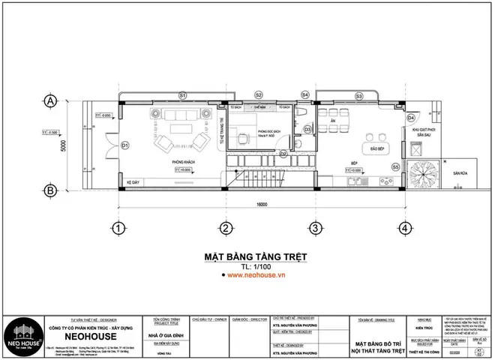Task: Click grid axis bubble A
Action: [51, 100]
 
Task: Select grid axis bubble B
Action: [51, 190]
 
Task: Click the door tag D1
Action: [126, 145]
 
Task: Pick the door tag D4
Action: [410, 118]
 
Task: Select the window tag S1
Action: [182, 95]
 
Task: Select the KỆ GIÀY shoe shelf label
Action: [133, 182]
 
